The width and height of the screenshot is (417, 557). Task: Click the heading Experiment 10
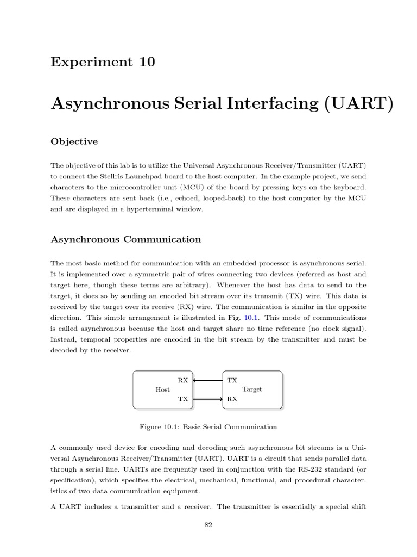tap(103, 62)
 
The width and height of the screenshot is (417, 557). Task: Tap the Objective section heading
tap(74, 141)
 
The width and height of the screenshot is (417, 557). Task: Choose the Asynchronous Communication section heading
tap(125, 239)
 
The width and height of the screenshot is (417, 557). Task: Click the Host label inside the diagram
tap(162, 389)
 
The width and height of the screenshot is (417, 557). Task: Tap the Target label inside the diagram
tap(252, 389)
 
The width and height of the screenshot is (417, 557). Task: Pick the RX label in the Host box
tap(183, 380)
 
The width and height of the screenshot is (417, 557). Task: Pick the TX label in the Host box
tap(183, 399)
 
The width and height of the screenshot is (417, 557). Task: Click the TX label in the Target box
tap(232, 380)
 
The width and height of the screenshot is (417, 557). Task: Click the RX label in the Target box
tap(232, 399)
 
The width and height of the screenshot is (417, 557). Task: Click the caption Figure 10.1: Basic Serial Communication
tap(208, 427)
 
